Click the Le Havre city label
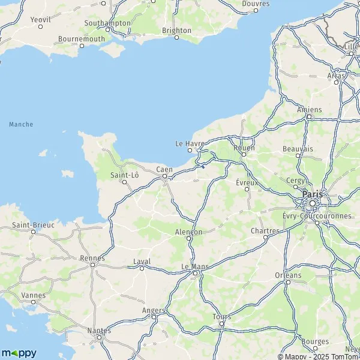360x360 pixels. pyautogui.click(x=190, y=143)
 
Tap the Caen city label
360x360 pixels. pyautogui.click(x=164, y=170)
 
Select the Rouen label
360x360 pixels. pyautogui.click(x=245, y=148)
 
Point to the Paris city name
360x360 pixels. pyautogui.click(x=312, y=194)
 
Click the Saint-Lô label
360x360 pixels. pyautogui.click(x=125, y=175)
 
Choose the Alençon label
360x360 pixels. pyautogui.click(x=188, y=232)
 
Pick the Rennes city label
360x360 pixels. pyautogui.click(x=92, y=258)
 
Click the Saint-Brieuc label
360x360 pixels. pyautogui.click(x=34, y=225)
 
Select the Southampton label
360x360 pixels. pyautogui.click(x=108, y=23)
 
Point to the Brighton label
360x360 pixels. pyautogui.click(x=177, y=30)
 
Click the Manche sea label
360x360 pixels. pyautogui.click(x=21, y=124)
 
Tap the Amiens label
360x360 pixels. pyautogui.click(x=310, y=110)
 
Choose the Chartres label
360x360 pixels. pyautogui.click(x=266, y=230)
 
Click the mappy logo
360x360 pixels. pyautogui.click(x=19, y=353)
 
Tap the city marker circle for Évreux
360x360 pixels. pyautogui.click(x=247, y=189)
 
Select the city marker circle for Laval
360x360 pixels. pyautogui.click(x=142, y=268)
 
